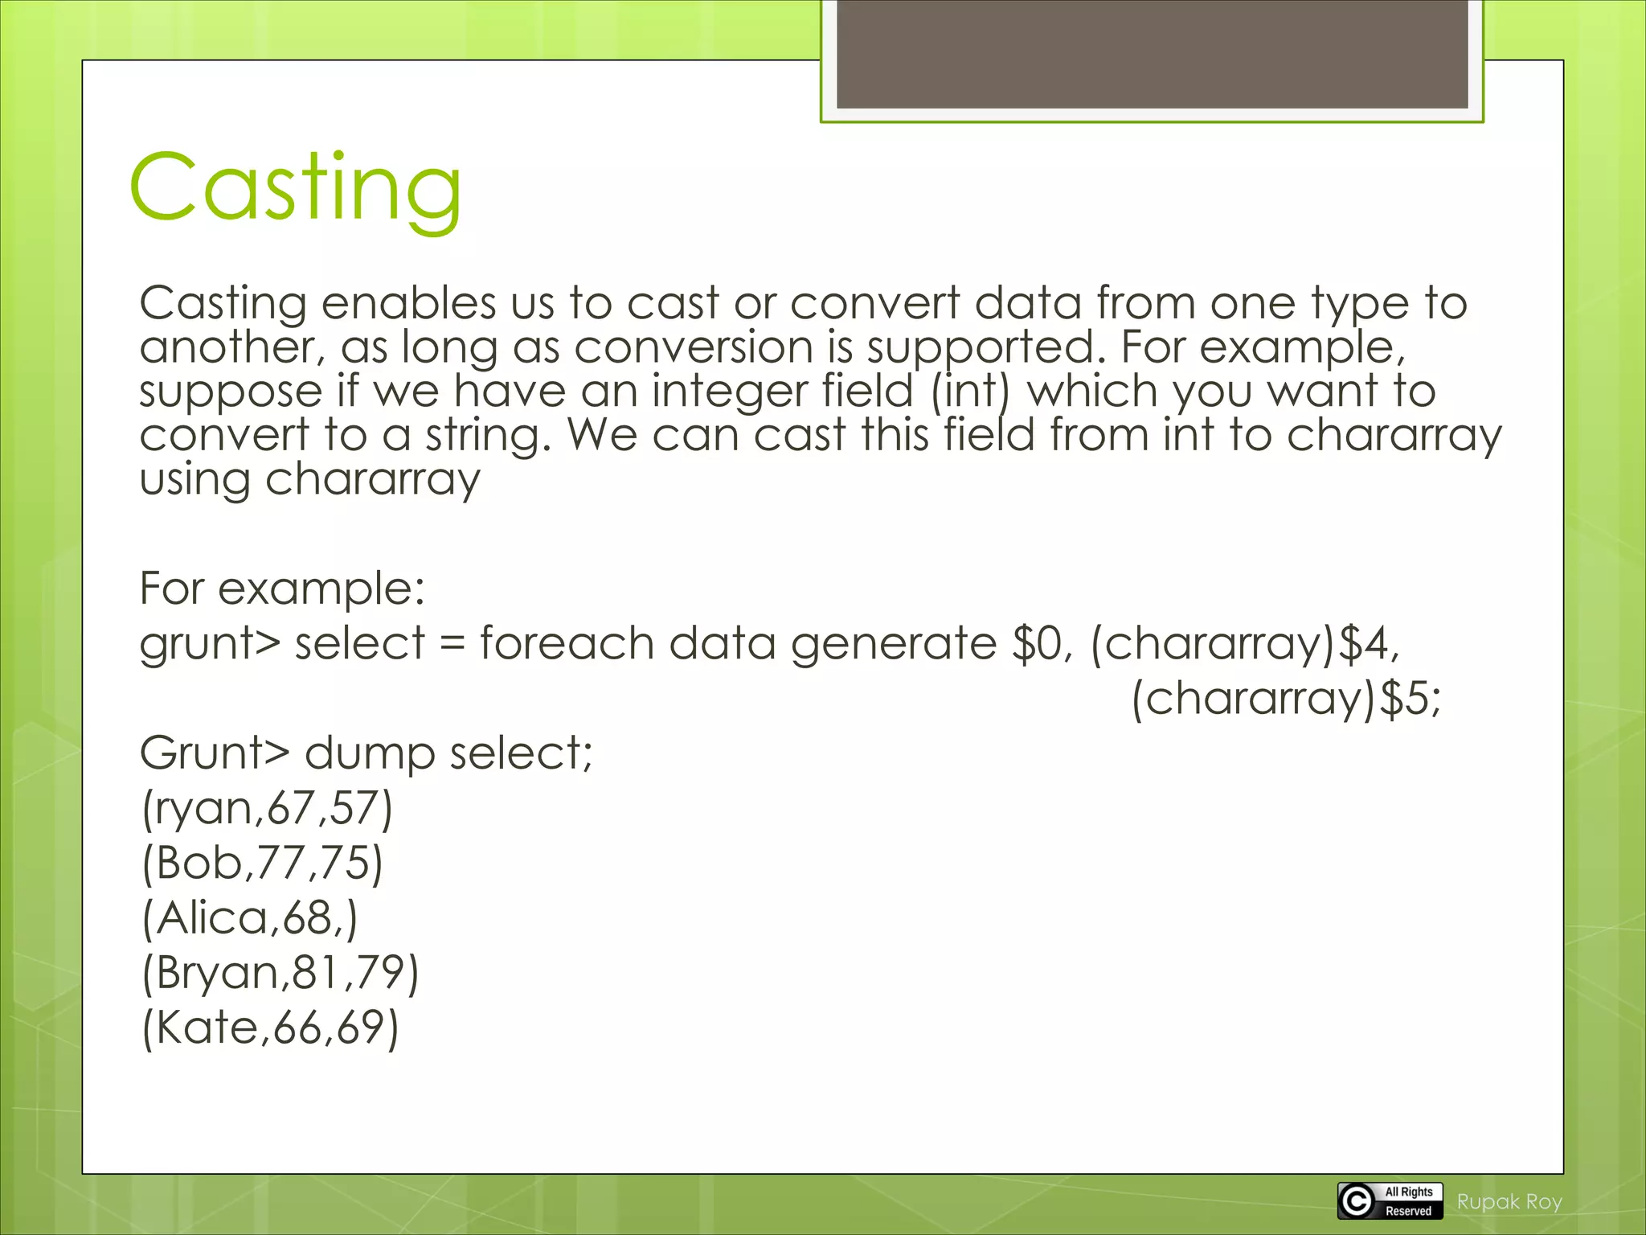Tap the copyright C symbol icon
[x=1357, y=1201]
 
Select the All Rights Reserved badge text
[x=1409, y=1201]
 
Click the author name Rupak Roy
[x=1509, y=1202]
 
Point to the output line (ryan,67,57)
[x=267, y=808]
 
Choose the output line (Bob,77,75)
[x=262, y=863]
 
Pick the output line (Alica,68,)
[x=249, y=917]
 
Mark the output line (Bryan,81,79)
[x=280, y=973]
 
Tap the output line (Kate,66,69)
[x=270, y=1028]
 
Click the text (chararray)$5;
[x=1286, y=698]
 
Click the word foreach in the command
[x=567, y=643]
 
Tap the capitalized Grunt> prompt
[x=214, y=753]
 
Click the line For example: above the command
[x=281, y=589]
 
